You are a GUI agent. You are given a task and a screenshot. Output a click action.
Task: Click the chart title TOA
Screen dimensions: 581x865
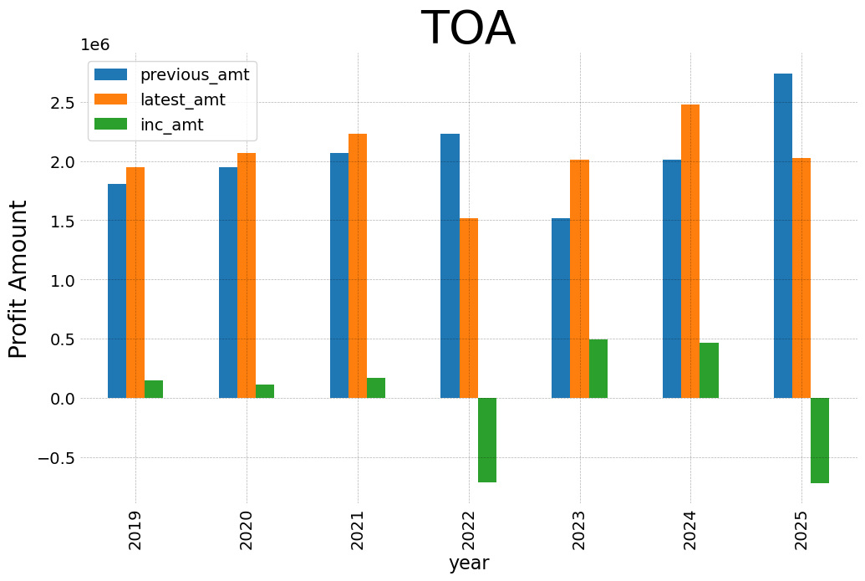[467, 28]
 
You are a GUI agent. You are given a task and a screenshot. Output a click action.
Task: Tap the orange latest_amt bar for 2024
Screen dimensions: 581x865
[690, 251]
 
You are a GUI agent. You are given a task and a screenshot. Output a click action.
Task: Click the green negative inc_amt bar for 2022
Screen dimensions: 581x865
[487, 440]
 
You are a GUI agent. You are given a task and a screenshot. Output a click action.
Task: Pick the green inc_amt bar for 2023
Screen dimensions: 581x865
[598, 369]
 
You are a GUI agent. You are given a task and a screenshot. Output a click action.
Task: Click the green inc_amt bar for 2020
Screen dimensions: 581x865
[265, 391]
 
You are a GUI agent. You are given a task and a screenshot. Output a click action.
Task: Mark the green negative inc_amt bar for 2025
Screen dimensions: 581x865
[820, 441]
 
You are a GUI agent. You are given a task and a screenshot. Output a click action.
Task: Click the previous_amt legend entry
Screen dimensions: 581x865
[194, 74]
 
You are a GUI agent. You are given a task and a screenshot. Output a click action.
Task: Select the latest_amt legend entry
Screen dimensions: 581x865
[182, 99]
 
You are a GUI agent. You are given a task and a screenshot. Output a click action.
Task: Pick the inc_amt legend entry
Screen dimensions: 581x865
[171, 125]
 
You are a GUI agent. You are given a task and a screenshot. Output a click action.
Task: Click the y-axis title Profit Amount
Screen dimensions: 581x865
[18, 279]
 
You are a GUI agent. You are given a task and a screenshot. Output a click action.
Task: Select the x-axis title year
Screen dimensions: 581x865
[468, 563]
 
